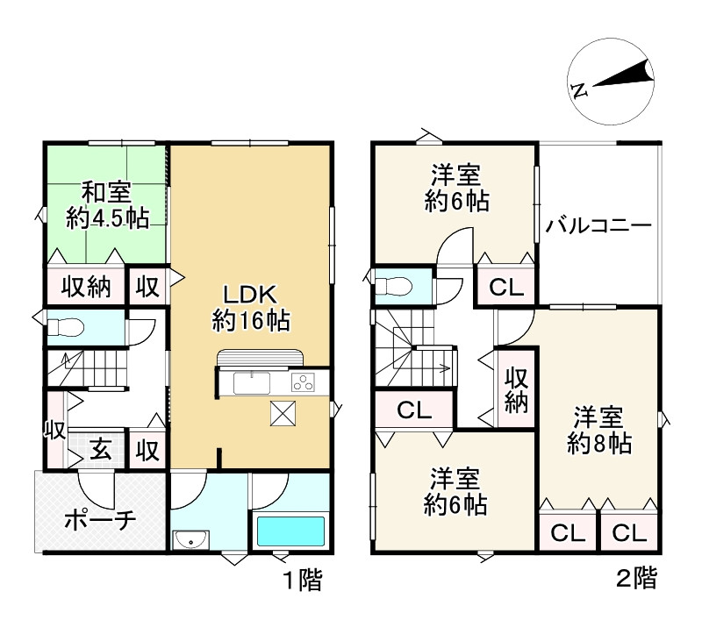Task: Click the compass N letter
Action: [579, 90]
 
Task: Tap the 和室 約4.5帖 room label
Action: [107, 205]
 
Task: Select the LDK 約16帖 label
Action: [251, 308]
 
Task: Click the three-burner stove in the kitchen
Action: [303, 382]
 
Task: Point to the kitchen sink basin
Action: [252, 383]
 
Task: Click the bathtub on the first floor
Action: [290, 531]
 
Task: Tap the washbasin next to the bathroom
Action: [190, 538]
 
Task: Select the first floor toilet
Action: [66, 326]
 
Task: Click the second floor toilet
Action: [393, 286]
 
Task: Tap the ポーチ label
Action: [100, 520]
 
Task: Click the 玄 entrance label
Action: [100, 450]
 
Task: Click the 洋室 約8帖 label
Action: [599, 430]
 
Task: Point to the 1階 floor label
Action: [303, 581]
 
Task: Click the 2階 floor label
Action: [636, 578]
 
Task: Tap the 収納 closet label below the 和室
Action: [86, 287]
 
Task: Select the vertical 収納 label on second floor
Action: [516, 390]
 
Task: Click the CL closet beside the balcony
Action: [506, 287]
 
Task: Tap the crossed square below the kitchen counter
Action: [283, 413]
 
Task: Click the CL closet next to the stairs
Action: [414, 410]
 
